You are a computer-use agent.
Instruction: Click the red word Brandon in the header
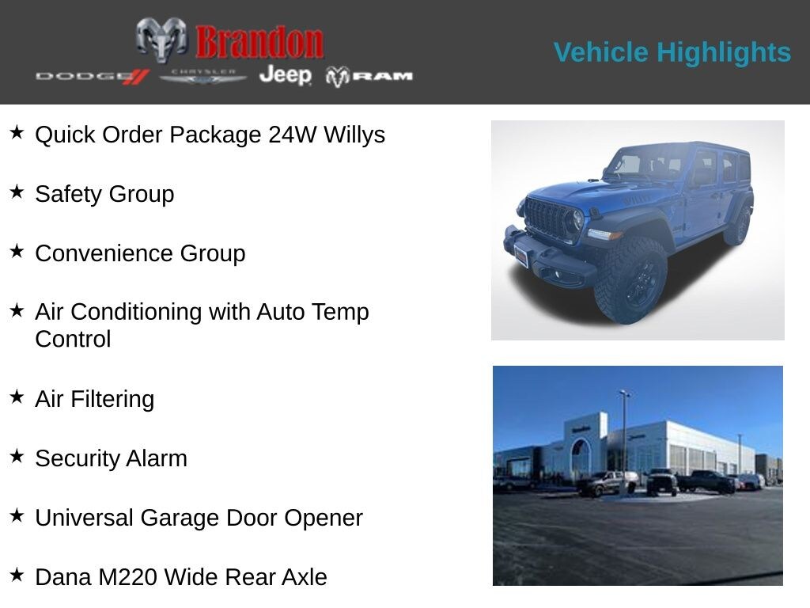[259, 42]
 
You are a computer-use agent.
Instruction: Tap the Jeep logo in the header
[285, 74]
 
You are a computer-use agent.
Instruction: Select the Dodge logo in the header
[92, 76]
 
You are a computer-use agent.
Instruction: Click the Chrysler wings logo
[203, 76]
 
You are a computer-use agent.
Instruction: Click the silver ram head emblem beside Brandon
[161, 39]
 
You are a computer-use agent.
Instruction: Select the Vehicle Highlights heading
[672, 52]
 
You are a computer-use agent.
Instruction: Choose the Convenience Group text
[140, 253]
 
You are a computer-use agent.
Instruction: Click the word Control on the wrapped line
[73, 339]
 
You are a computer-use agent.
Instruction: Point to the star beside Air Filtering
[17, 397]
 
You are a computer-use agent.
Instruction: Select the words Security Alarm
[111, 458]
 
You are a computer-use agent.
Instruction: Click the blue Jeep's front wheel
[630, 280]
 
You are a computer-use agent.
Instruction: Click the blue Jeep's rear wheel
[738, 226]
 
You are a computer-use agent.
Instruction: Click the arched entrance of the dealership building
[581, 457]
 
